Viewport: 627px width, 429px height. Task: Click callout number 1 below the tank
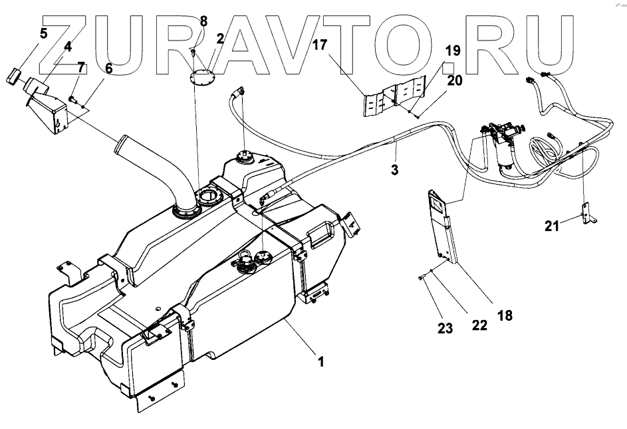pyautogui.click(x=321, y=363)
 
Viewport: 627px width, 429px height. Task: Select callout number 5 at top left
pyautogui.click(x=43, y=33)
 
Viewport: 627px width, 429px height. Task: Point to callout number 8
pyautogui.click(x=203, y=21)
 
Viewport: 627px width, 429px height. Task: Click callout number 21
pyautogui.click(x=553, y=226)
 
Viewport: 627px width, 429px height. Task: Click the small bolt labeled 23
pyautogui.click(x=422, y=278)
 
